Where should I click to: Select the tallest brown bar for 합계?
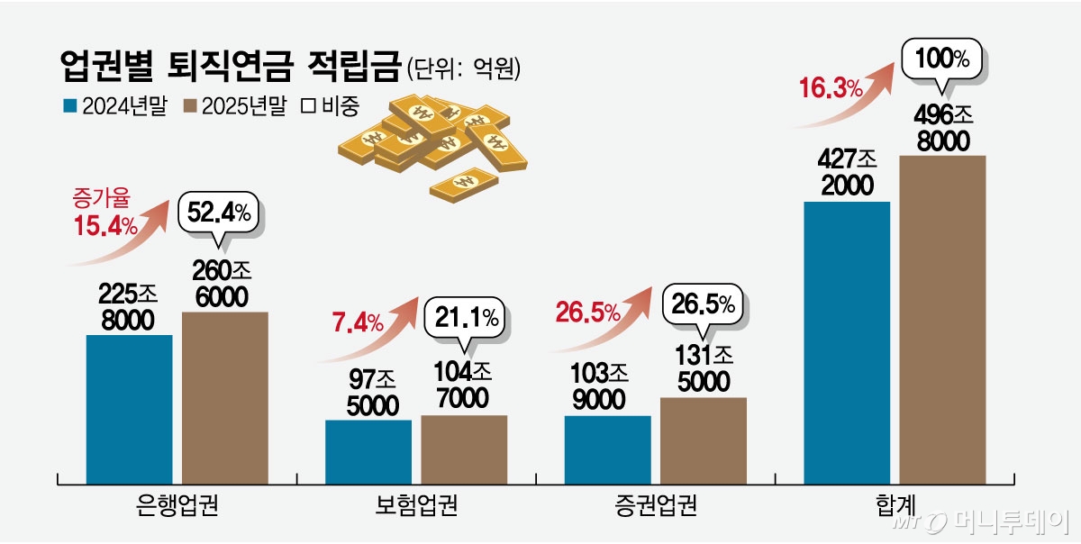tap(942, 314)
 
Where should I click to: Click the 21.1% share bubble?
tap(465, 317)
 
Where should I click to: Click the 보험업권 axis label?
tap(415, 504)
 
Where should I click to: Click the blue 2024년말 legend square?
tap(69, 106)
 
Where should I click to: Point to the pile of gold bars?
tap(432, 144)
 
